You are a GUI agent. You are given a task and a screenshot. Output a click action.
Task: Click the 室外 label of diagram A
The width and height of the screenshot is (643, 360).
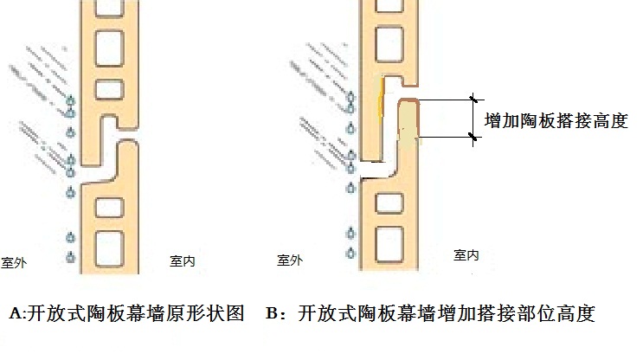tap(14, 262)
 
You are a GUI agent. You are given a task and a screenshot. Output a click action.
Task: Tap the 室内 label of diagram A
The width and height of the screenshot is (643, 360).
tap(183, 260)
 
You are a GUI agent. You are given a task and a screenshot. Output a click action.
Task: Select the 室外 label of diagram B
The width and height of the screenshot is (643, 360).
tap(290, 260)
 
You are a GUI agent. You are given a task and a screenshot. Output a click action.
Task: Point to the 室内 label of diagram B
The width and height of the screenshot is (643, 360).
tap(466, 255)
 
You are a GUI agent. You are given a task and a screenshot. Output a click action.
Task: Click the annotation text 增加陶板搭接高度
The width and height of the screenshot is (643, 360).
tap(556, 121)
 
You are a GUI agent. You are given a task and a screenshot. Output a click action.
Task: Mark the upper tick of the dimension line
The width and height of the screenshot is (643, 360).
tap(473, 100)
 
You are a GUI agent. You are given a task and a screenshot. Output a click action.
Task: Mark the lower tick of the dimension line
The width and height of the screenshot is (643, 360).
tap(473, 137)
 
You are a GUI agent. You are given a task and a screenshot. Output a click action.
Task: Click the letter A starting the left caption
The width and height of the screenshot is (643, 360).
tap(16, 313)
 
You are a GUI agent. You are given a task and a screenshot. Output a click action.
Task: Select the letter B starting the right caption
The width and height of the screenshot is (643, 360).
tap(272, 313)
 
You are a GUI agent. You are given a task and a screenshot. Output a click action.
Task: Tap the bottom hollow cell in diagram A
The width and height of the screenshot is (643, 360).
tap(110, 247)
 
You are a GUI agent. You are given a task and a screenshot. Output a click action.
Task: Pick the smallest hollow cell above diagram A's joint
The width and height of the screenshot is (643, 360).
tap(110, 89)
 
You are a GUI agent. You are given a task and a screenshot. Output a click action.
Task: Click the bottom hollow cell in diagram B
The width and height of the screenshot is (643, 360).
tap(389, 244)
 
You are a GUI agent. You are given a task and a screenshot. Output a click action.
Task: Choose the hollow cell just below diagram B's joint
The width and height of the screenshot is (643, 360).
tap(389, 203)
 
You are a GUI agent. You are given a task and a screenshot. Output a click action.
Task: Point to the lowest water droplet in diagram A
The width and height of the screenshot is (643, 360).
tap(71, 257)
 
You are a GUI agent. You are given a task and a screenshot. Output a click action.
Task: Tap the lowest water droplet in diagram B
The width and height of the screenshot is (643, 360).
tap(350, 253)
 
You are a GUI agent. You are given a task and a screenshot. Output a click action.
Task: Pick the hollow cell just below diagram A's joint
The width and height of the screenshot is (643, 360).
tap(110, 208)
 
